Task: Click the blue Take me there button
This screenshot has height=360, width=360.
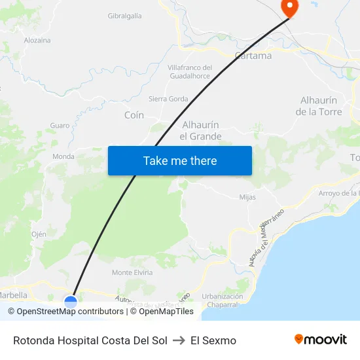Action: (180, 160)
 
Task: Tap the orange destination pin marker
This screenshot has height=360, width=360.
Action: (289, 7)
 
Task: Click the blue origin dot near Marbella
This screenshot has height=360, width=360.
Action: (71, 302)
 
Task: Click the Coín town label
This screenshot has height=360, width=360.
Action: (134, 115)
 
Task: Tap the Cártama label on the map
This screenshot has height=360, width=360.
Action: (253, 56)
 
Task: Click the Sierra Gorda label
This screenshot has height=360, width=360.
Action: (168, 99)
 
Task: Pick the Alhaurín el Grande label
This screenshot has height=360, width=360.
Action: (200, 130)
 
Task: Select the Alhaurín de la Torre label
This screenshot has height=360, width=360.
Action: (319, 106)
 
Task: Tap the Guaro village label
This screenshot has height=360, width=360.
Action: (60, 125)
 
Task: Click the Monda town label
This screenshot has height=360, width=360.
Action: (63, 156)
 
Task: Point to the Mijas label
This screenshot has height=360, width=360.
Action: (247, 196)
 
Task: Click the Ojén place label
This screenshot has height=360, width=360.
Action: (39, 234)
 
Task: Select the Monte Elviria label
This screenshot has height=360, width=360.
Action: (132, 272)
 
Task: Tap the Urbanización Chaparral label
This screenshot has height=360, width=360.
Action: (223, 300)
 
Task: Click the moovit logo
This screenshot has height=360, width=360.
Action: (321, 340)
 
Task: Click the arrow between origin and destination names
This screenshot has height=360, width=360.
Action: (179, 340)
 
